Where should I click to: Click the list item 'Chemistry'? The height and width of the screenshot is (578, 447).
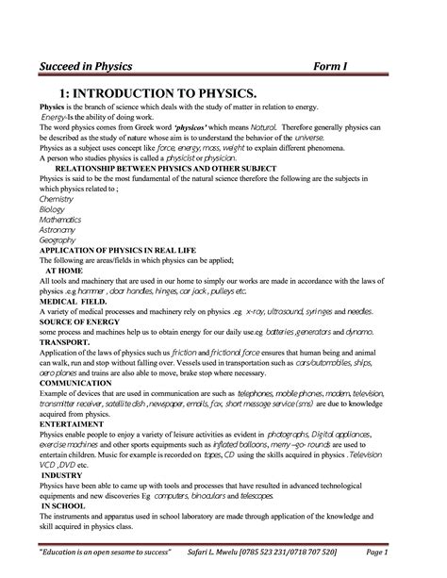pos(56,199)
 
